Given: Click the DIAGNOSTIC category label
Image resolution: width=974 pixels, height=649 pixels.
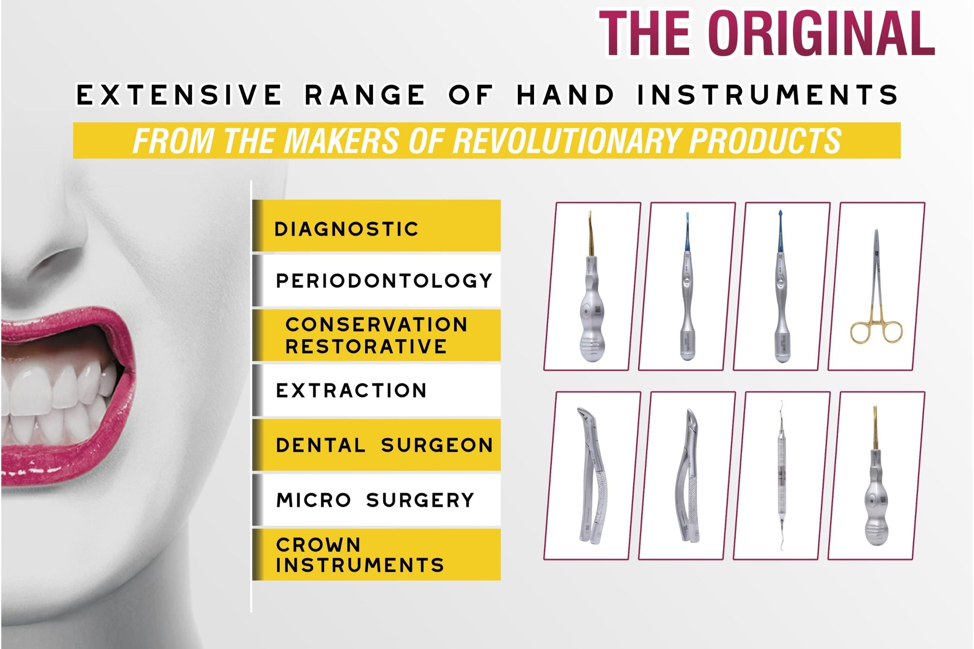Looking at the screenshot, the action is pos(346,229).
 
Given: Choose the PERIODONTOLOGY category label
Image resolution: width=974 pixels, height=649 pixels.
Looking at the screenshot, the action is pos(384,281).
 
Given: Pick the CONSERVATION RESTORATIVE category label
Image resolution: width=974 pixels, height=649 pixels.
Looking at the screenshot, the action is pos(376,335).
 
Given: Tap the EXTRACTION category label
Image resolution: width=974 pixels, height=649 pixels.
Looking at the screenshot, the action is pos(351,390).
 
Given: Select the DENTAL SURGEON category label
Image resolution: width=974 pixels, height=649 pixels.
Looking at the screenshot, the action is pos(384,445).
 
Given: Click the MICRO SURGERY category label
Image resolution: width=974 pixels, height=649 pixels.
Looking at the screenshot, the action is pos(375,500).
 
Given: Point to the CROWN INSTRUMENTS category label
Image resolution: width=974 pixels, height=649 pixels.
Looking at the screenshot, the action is pos(360,555).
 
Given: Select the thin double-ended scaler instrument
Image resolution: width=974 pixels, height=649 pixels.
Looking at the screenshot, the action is pos(781,475).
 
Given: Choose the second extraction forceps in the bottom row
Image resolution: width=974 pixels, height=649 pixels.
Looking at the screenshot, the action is pos(687,475).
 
